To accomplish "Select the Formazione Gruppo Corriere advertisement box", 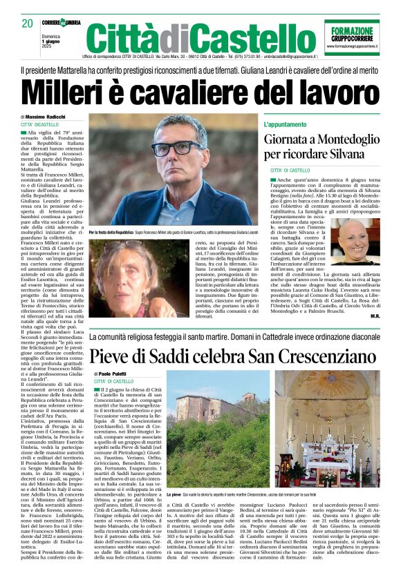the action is [x=352, y=37].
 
